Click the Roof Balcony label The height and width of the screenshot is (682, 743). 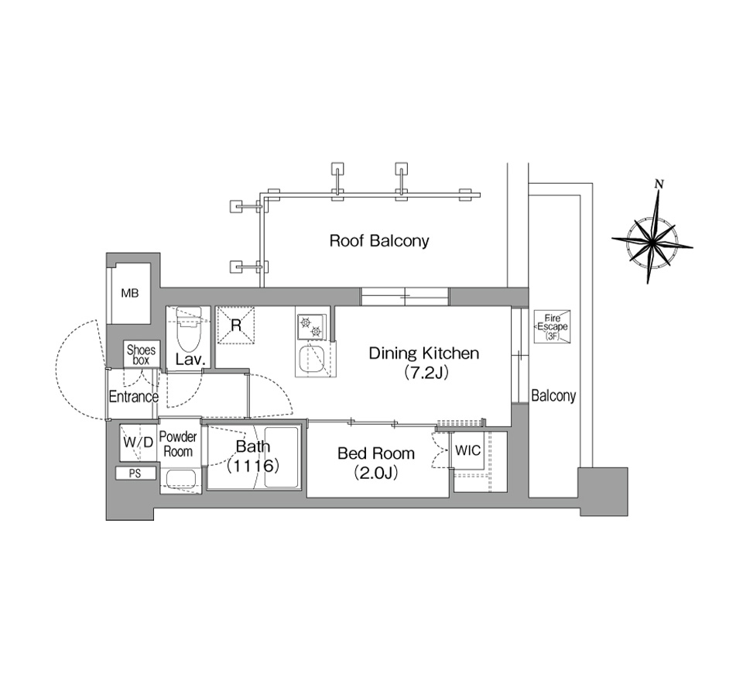click(x=379, y=241)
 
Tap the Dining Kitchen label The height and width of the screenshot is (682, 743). click(x=424, y=353)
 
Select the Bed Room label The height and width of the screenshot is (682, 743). click(x=376, y=453)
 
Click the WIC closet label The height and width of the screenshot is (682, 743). click(x=467, y=450)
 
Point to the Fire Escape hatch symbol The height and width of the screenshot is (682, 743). click(x=552, y=326)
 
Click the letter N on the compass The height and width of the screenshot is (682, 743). click(x=658, y=184)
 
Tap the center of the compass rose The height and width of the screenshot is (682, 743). click(x=652, y=243)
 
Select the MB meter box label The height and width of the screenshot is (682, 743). click(x=130, y=293)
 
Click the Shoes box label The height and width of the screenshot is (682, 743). click(x=141, y=355)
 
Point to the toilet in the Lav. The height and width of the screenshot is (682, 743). click(x=189, y=329)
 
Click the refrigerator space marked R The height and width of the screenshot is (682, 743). click(x=235, y=325)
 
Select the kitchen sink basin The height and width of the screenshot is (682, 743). click(x=311, y=360)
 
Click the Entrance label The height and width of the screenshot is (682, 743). click(x=134, y=397)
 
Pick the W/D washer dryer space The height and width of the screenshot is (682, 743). click(x=138, y=443)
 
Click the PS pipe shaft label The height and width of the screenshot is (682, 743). click(x=135, y=474)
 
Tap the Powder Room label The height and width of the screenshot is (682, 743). click(x=178, y=444)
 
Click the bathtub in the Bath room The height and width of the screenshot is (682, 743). click(x=282, y=457)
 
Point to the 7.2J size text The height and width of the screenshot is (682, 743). click(x=426, y=373)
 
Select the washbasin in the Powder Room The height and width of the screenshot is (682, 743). click(x=178, y=478)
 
